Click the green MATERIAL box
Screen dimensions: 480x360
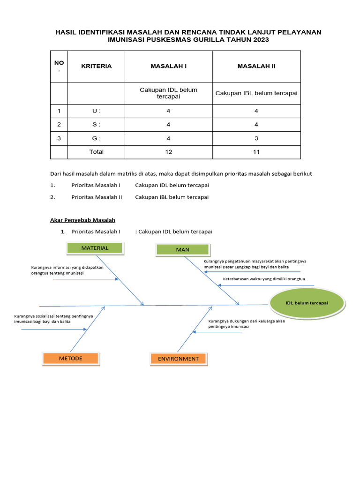pos(95,248)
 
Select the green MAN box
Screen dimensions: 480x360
pos(182,250)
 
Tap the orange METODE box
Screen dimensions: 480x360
pos(71,359)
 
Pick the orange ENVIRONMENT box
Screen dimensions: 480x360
pos(178,359)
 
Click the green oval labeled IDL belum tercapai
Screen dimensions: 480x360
pos(307,303)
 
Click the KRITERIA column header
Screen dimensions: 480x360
pos(97,66)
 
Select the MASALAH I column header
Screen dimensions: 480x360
pos(168,66)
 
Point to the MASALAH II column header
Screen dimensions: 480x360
pos(256,66)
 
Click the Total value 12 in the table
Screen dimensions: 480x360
pos(168,152)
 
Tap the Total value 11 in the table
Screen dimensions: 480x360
pos(256,152)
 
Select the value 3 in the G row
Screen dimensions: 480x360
pos(256,138)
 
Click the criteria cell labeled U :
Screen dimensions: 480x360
pos(97,111)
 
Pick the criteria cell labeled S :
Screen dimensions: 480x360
pos(97,125)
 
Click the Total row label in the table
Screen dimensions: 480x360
pos(97,152)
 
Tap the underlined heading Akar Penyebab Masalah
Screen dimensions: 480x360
pos(82,220)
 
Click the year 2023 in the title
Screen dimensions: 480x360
pos(261,40)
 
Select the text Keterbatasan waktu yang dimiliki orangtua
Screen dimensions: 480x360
pos(264,279)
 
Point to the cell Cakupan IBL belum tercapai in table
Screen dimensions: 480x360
pos(256,93)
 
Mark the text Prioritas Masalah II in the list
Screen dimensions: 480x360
pos(97,197)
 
